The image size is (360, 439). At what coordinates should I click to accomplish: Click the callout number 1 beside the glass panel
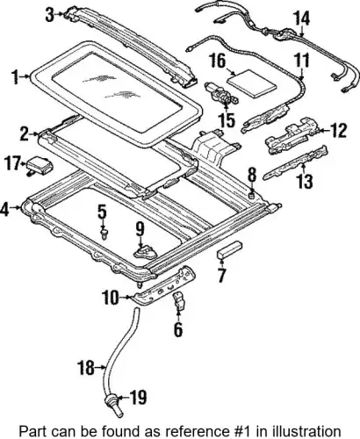(16, 77)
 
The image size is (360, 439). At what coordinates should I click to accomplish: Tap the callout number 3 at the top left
(50, 14)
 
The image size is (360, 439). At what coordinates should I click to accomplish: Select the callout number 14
(301, 18)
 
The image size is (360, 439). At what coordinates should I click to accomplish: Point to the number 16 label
(218, 61)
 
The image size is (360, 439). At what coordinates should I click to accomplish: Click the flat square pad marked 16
(252, 83)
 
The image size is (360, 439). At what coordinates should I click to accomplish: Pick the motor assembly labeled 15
(221, 96)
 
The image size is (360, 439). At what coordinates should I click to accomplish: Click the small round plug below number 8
(251, 195)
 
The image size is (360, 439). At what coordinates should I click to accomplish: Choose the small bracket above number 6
(180, 300)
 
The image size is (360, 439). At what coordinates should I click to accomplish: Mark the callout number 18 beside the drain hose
(86, 368)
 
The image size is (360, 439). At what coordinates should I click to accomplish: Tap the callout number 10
(111, 298)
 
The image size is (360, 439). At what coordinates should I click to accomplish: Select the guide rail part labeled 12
(292, 135)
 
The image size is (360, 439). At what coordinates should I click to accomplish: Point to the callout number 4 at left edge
(5, 209)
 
